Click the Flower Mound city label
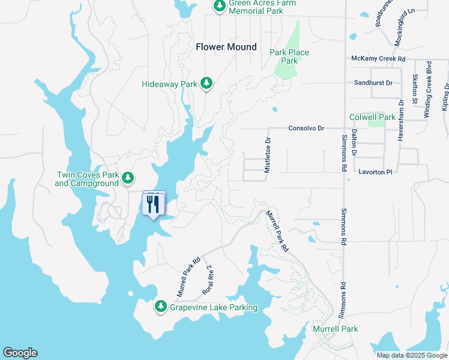[226, 47]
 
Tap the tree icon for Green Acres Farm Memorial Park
[219, 6]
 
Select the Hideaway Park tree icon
[206, 83]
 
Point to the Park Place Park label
[289, 56]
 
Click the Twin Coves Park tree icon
[127, 178]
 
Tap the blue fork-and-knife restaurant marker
[152, 204]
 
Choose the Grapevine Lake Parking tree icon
[161, 307]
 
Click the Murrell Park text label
[335, 329]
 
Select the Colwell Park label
[370, 117]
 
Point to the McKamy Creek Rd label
[378, 59]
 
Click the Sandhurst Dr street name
[373, 83]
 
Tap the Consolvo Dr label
[306, 128]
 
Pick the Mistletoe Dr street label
[268, 155]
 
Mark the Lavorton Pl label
[375, 172]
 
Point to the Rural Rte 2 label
[209, 279]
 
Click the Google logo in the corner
[20, 353]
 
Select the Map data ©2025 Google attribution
[411, 355]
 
